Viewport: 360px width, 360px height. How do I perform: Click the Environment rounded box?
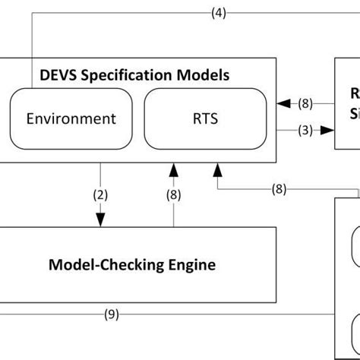point(71,118)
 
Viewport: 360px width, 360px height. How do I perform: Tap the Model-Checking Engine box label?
point(131,265)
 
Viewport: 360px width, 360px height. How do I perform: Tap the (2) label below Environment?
point(99,194)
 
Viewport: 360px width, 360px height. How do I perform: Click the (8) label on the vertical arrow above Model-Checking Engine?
point(174,194)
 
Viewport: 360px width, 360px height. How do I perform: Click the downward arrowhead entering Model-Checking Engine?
point(99,220)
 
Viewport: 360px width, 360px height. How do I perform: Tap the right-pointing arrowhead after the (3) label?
point(327,130)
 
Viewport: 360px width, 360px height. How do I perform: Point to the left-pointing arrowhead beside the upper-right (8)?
point(283,104)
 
